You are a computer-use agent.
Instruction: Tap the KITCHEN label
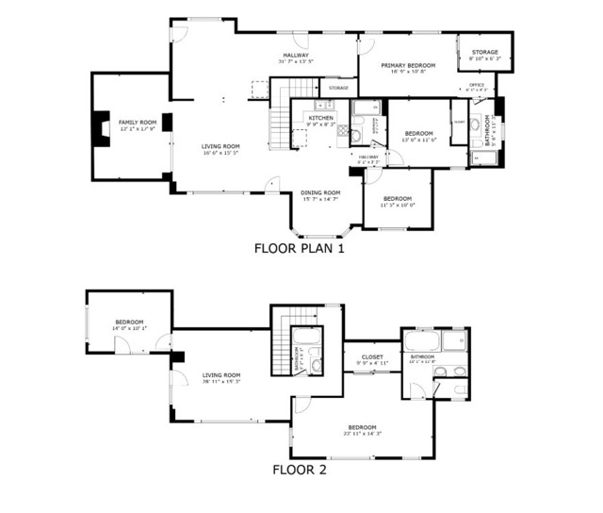pos(320,118)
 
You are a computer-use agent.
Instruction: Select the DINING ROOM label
pos(320,192)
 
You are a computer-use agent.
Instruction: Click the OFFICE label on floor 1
pos(477,86)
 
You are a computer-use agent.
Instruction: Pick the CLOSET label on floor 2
pos(371,356)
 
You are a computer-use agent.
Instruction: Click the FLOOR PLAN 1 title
pos(301,250)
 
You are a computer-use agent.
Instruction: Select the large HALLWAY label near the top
pos(296,56)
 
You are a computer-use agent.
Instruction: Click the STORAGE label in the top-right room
pos(484,52)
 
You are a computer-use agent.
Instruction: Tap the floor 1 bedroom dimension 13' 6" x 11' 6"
pos(418,141)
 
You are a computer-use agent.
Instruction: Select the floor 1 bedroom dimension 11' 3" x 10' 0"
pos(397,205)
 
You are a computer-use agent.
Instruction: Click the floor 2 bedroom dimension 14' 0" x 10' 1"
pos(129,329)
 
